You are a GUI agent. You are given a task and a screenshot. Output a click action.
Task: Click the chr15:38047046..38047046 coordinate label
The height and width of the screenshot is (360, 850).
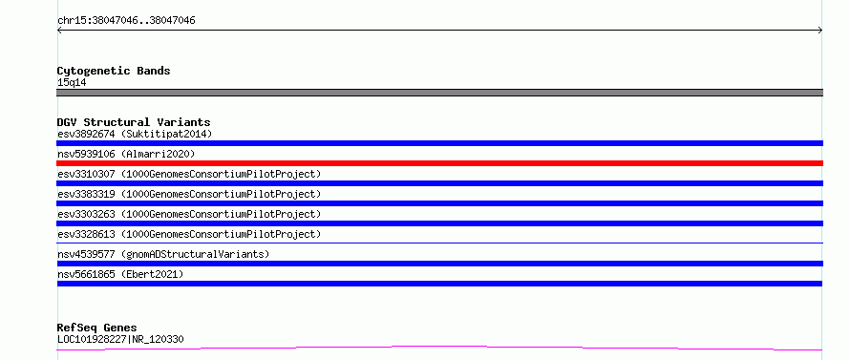(126, 21)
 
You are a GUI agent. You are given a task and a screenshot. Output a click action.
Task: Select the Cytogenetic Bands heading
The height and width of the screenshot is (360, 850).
(114, 71)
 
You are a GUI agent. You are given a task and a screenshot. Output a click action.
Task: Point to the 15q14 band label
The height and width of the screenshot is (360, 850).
(72, 83)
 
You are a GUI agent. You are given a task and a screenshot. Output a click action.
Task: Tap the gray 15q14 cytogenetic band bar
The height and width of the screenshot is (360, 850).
(439, 93)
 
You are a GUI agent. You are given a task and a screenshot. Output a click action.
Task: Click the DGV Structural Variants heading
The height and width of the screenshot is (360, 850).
(134, 122)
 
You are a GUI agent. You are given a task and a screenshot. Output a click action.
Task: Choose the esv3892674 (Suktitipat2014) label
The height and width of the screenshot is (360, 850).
(135, 134)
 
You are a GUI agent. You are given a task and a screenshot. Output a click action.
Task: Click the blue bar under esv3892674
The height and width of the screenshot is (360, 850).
(439, 143)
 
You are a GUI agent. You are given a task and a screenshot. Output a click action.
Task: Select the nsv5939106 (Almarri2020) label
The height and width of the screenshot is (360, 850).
(126, 154)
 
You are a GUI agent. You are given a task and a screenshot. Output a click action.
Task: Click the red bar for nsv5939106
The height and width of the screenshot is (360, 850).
(439, 163)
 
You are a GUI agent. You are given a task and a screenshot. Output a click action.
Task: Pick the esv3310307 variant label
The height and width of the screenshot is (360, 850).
(189, 174)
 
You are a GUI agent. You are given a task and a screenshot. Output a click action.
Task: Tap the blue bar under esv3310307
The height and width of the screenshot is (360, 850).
(439, 183)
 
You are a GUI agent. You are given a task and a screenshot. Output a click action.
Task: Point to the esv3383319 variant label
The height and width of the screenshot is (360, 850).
(189, 194)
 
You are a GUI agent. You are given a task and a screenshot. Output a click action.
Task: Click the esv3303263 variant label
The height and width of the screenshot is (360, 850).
(189, 214)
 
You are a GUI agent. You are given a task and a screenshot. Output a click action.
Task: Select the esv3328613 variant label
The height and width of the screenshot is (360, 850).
(189, 234)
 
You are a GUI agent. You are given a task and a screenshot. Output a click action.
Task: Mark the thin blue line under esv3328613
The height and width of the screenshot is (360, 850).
(439, 243)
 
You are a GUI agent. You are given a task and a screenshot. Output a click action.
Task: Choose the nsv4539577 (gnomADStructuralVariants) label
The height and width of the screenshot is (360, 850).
(163, 254)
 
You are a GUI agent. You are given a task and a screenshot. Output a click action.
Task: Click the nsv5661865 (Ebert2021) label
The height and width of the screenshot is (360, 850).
(120, 274)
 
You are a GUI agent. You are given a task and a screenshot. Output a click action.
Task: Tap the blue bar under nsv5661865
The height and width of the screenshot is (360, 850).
(439, 284)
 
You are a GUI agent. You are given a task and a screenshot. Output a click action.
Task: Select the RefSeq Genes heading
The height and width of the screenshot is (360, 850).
(97, 328)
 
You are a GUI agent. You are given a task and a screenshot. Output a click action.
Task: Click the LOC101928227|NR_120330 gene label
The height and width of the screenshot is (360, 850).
(120, 340)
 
